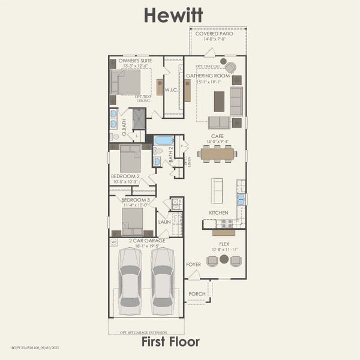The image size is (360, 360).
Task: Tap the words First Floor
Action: coord(170,342)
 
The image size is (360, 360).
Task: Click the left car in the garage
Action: coord(131,280)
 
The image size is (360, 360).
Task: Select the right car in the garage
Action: coord(163,280)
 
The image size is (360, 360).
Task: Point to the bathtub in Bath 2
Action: coord(163,140)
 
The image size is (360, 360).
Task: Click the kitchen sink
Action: coord(241,199)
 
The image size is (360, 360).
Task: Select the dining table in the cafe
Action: coord(217,154)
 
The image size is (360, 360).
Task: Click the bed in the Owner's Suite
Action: coord(128,83)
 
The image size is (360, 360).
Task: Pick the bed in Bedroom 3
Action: coord(132,220)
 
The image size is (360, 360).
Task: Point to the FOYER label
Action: coord(193,263)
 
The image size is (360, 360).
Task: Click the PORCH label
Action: coord(196,294)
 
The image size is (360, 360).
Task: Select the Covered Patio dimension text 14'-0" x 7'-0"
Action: coord(219,39)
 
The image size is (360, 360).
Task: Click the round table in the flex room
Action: coord(224,259)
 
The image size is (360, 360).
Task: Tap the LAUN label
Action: coord(164,222)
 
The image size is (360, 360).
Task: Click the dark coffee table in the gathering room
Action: coord(219,100)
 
